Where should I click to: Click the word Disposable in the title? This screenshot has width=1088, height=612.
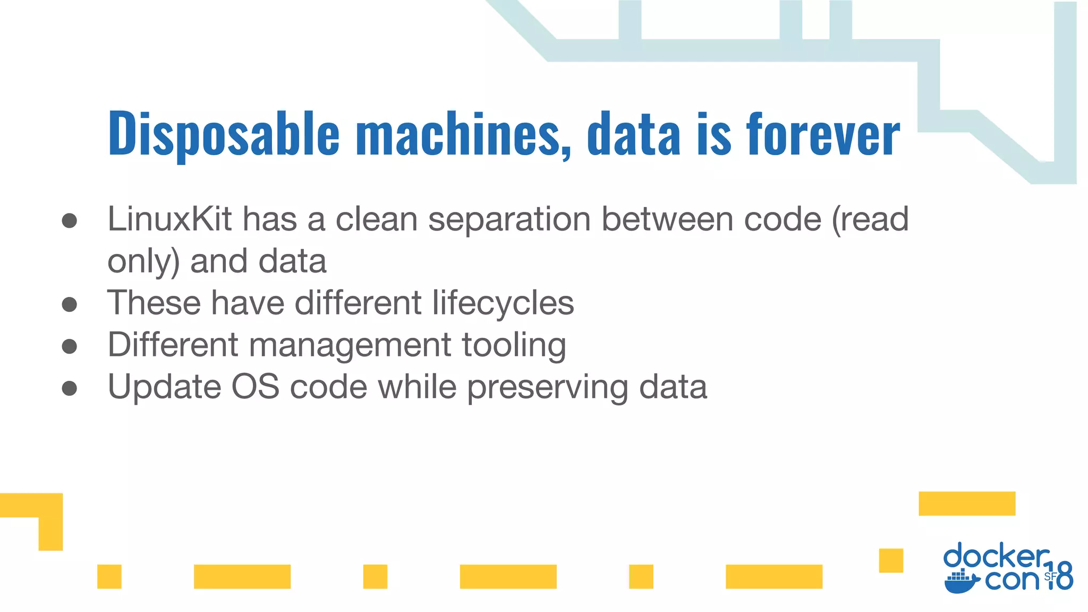click(223, 134)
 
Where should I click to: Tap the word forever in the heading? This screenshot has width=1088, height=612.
click(823, 134)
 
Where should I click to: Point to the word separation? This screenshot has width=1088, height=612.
click(509, 220)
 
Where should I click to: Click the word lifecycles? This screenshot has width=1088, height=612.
click(503, 303)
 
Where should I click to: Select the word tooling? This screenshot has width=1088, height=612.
click(514, 345)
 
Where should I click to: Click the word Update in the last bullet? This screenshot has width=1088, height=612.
click(164, 387)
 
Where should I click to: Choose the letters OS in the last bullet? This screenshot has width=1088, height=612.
click(255, 387)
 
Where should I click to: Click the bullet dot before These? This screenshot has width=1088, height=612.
click(70, 304)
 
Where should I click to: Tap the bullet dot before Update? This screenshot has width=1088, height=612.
click(70, 388)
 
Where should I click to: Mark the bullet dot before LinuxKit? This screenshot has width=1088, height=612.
click(70, 220)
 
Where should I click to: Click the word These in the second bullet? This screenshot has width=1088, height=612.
click(155, 303)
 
